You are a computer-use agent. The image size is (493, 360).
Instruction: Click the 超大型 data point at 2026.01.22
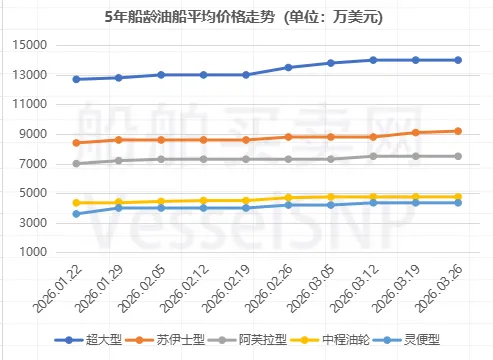77,79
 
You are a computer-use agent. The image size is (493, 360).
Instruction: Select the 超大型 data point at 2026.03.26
458,60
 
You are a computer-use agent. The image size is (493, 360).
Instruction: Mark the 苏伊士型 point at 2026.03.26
458,131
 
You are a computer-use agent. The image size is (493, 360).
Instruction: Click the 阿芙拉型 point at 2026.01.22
77,163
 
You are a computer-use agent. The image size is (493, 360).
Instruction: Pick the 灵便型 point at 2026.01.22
77,214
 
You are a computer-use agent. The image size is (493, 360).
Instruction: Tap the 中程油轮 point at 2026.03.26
458,197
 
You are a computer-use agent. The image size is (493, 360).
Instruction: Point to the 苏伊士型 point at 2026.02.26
288,137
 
